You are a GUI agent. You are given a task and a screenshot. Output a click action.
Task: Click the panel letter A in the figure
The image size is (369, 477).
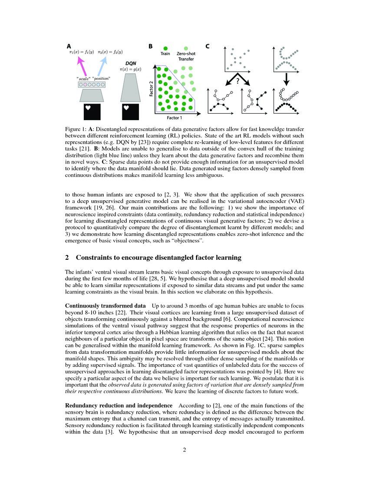[x=69, y=46]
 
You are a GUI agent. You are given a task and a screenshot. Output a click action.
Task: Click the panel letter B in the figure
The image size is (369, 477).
[x=151, y=46]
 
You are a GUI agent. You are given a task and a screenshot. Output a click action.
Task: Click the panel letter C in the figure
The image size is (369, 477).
[x=208, y=46]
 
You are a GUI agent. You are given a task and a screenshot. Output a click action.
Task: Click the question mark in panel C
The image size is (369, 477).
[x=238, y=79]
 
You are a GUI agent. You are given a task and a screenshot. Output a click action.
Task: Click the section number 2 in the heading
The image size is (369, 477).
[x=67, y=258]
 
